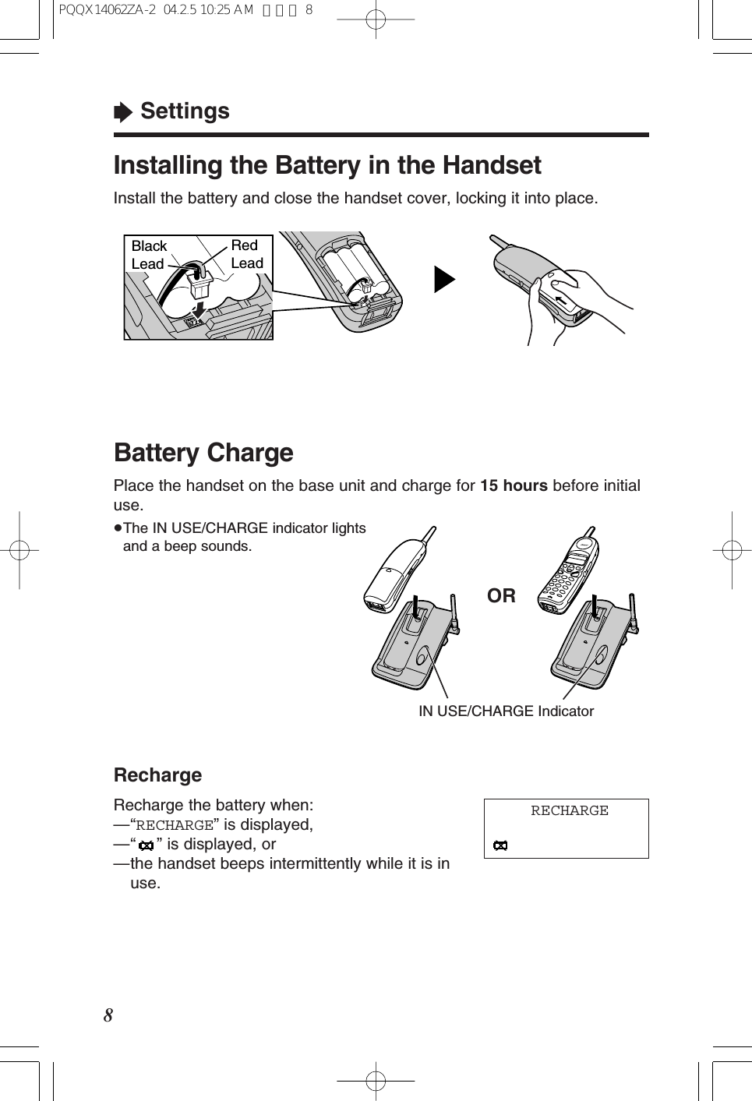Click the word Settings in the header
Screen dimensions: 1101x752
pyautogui.click(x=185, y=111)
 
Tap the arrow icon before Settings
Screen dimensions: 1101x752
pyautogui.click(x=123, y=112)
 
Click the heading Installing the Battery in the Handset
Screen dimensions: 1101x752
pyautogui.click(x=327, y=165)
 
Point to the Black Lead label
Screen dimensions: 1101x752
pyautogui.click(x=148, y=255)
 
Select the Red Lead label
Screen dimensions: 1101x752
pyautogui.click(x=247, y=254)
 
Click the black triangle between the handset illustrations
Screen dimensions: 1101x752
pyautogui.click(x=443, y=280)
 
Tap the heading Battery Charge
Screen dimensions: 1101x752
pyautogui.click(x=203, y=453)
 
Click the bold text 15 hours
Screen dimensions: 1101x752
pyautogui.click(x=514, y=485)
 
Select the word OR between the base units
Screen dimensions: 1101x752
pyautogui.click(x=501, y=596)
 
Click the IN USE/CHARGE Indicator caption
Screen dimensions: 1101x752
pyautogui.click(x=506, y=711)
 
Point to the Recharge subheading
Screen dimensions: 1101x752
pyautogui.click(x=157, y=775)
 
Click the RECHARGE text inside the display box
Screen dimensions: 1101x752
pyautogui.click(x=569, y=811)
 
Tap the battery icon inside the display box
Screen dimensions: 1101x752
pyautogui.click(x=500, y=845)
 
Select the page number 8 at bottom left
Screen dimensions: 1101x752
pyautogui.click(x=108, y=1015)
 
